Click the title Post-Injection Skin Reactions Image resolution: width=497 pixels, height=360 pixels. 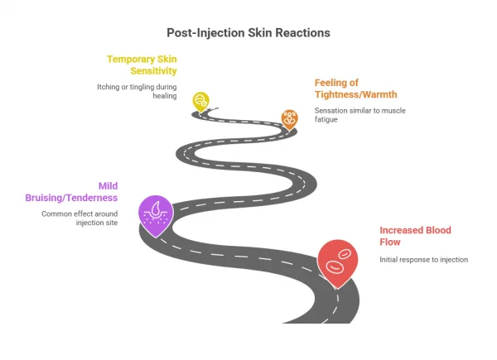tap(248, 32)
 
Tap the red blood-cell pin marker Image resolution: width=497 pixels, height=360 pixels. tap(337, 261)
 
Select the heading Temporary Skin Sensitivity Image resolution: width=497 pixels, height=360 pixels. tap(142, 65)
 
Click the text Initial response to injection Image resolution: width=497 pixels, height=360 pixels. tap(424, 259)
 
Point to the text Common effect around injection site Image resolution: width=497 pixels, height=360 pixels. tap(80, 218)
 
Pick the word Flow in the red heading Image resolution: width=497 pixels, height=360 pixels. tap(390, 242)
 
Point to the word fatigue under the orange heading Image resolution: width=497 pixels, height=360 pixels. tap(328, 120)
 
